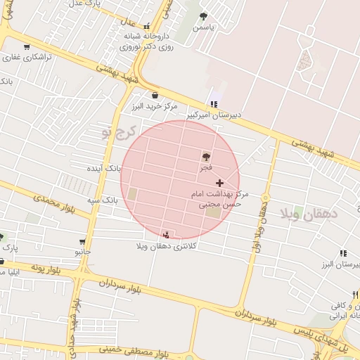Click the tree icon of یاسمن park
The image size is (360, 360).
tap(204, 16)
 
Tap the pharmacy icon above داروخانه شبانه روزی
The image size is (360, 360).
tap(146, 25)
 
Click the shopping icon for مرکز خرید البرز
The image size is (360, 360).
tap(155, 96)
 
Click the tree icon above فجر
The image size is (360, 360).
tap(206, 157)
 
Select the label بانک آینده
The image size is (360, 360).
tap(104, 169)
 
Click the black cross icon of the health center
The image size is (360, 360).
tap(219, 182)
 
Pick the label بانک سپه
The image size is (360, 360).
tap(102, 200)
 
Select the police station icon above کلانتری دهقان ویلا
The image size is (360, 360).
tap(166, 235)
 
